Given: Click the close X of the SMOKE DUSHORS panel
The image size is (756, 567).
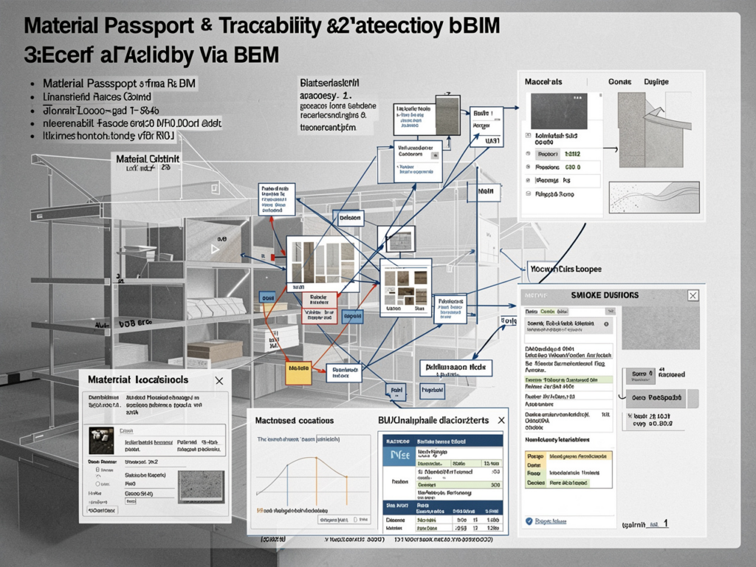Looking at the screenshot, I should (x=693, y=295).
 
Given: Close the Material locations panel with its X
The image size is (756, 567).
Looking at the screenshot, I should (x=219, y=380).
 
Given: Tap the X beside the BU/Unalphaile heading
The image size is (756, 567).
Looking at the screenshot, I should (x=501, y=419).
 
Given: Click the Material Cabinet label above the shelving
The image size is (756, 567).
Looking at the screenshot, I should (x=148, y=159).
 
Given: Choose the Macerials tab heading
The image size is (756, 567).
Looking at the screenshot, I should (x=543, y=81).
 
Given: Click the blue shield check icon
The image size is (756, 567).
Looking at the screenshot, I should (x=529, y=521).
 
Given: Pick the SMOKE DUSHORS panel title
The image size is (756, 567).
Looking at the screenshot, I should (x=605, y=295).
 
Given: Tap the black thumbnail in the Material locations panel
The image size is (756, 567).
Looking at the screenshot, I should (x=100, y=440).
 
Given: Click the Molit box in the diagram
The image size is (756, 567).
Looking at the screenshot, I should (x=486, y=191).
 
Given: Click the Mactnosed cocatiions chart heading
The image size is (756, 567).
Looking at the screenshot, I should (x=295, y=420).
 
